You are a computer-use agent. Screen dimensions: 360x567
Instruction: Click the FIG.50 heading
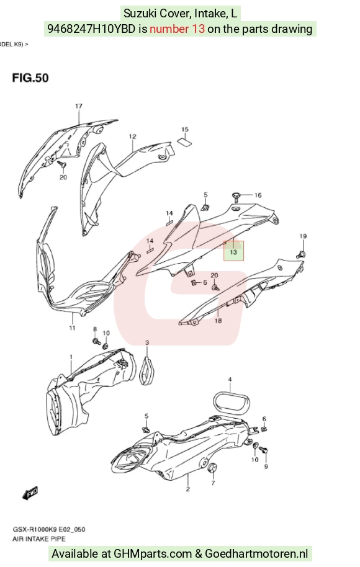pyautogui.click(x=30, y=78)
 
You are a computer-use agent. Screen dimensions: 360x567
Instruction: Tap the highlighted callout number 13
pyautogui.click(x=233, y=252)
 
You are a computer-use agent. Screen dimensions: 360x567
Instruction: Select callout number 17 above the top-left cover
pyautogui.click(x=78, y=106)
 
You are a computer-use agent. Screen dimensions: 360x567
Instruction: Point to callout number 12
pyautogui.click(x=132, y=136)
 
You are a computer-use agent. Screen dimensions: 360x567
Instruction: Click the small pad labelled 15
pyautogui.click(x=184, y=141)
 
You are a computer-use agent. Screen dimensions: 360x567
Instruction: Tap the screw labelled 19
pyautogui.click(x=300, y=254)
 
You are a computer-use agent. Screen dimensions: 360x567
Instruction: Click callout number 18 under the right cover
pyautogui.click(x=218, y=320)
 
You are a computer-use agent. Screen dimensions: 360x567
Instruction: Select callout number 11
pyautogui.click(x=73, y=328)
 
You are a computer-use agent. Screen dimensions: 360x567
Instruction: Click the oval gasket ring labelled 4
pyautogui.click(x=230, y=401)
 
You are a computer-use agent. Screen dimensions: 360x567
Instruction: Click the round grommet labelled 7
pyautogui.click(x=212, y=468)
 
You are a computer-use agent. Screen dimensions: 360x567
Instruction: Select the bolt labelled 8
pyautogui.click(x=97, y=341)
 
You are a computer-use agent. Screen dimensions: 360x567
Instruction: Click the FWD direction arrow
pyautogui.click(x=30, y=493)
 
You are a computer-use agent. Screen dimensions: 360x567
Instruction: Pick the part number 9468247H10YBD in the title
pyautogui.click(x=92, y=29)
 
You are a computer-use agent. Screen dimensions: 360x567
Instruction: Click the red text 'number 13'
pyautogui.click(x=178, y=29)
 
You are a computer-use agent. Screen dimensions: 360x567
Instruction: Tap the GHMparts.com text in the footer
pyautogui.click(x=153, y=553)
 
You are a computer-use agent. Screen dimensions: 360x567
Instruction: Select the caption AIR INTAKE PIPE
pyautogui.click(x=39, y=539)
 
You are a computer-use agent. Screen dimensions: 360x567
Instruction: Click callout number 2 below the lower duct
pyautogui.click(x=188, y=489)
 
